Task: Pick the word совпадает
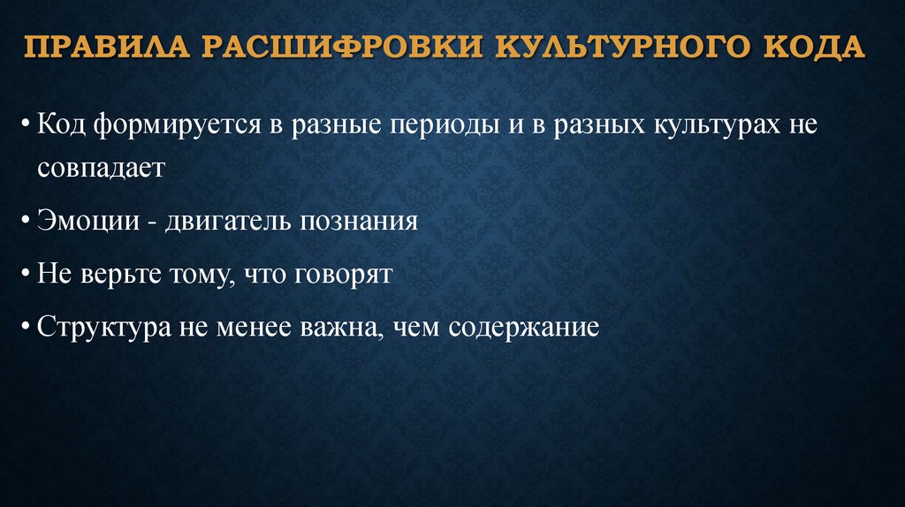tap(101, 168)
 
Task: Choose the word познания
tap(361, 221)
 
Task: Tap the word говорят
tap(342, 275)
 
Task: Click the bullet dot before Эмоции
tap(27, 222)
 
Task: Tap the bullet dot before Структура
tap(27, 329)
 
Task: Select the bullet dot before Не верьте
tap(27, 276)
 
